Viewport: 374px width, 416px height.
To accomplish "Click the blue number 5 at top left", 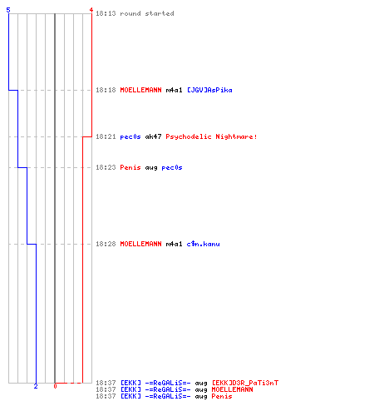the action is (x=8, y=10).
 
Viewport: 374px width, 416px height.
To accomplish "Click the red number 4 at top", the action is (x=91, y=10).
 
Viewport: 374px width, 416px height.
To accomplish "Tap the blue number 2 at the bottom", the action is (x=36, y=386).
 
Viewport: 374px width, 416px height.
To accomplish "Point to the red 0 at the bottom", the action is (x=55, y=386).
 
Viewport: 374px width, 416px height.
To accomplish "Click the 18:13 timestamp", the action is (x=106, y=13).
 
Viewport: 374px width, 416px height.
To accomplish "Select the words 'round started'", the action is (x=147, y=13).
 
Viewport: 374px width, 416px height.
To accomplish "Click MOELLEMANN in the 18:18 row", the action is (x=140, y=90).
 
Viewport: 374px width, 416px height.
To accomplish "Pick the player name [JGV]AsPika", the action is (x=209, y=90).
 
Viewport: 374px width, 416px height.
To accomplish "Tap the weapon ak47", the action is (x=153, y=136).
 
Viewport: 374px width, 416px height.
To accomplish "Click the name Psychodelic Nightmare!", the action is (x=211, y=136).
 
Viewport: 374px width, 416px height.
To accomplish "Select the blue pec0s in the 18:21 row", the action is (x=130, y=137).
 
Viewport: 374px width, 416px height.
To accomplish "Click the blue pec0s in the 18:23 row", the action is (x=172, y=168).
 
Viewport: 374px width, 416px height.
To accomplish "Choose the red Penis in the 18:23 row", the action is (x=130, y=167).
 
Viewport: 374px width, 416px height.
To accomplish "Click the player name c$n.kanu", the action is (x=203, y=244).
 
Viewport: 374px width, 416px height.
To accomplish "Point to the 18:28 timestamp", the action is (x=106, y=244).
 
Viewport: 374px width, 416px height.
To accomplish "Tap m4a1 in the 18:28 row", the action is (x=174, y=244).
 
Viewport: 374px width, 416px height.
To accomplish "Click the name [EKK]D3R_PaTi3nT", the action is (x=245, y=383).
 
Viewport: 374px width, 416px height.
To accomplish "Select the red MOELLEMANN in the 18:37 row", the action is (x=232, y=389).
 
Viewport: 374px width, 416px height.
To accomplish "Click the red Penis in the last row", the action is (x=222, y=396).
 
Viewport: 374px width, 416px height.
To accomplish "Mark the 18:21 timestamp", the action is (x=106, y=136).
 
